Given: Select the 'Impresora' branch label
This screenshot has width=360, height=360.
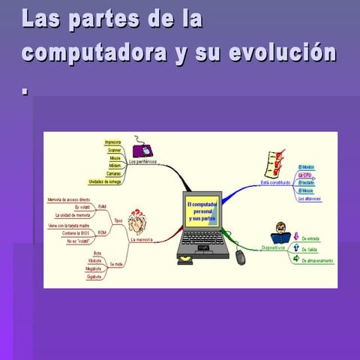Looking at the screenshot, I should (x=112, y=141).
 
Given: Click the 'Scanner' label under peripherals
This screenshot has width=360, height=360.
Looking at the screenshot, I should (x=114, y=150).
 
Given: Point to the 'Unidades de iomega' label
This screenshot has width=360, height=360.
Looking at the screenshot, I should (x=105, y=181).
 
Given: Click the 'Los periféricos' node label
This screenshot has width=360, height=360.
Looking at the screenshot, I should (x=142, y=161).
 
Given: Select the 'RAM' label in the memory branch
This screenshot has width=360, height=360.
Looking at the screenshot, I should (x=102, y=206).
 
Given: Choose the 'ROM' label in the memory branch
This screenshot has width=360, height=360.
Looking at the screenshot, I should (x=102, y=232).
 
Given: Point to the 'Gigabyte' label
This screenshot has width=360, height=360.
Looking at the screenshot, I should (x=94, y=277).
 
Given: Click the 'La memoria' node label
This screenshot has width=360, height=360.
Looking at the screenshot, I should (x=141, y=240).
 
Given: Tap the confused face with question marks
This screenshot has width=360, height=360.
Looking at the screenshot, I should (x=137, y=222).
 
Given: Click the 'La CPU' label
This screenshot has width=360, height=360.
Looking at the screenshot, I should (x=305, y=174).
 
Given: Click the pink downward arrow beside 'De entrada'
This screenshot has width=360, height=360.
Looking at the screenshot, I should (x=295, y=238).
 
